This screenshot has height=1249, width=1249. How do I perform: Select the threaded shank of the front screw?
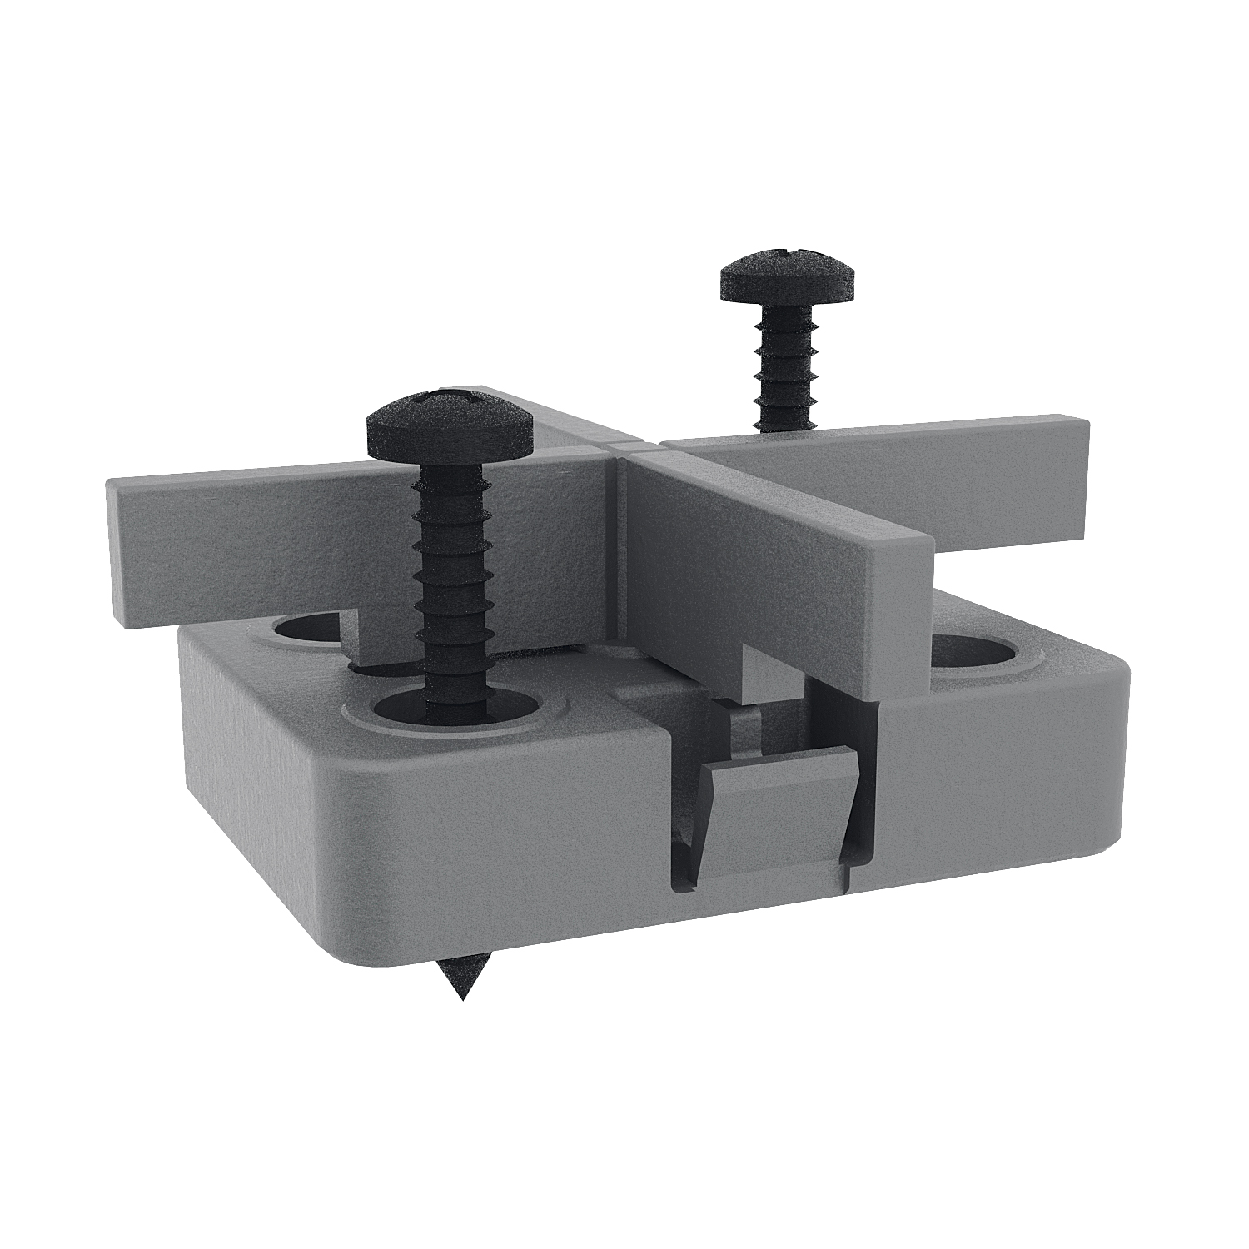[454, 583]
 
